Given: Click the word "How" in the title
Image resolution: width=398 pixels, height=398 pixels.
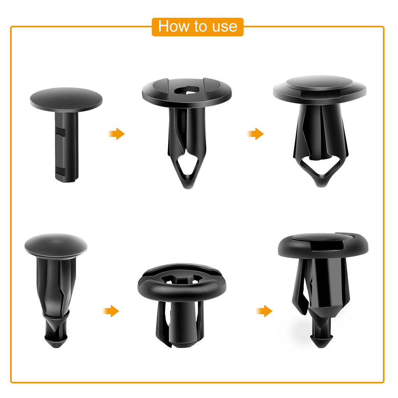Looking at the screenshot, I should pos(173,26).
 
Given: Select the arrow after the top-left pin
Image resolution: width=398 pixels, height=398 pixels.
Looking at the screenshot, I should pos(116,134).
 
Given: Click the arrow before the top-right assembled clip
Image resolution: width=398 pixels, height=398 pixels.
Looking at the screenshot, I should pos(255,134).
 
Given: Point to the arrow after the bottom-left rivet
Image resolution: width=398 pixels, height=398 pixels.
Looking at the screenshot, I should pos(111,311).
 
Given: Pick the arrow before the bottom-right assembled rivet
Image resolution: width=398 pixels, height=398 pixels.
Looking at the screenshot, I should pos(264,311).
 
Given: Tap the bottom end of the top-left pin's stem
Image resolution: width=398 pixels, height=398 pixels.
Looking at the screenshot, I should pos(66,178).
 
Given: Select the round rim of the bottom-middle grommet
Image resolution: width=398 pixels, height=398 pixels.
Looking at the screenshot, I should pos(182,289).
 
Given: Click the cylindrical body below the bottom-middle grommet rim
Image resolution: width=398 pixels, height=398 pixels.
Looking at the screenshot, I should pos(182,323).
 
